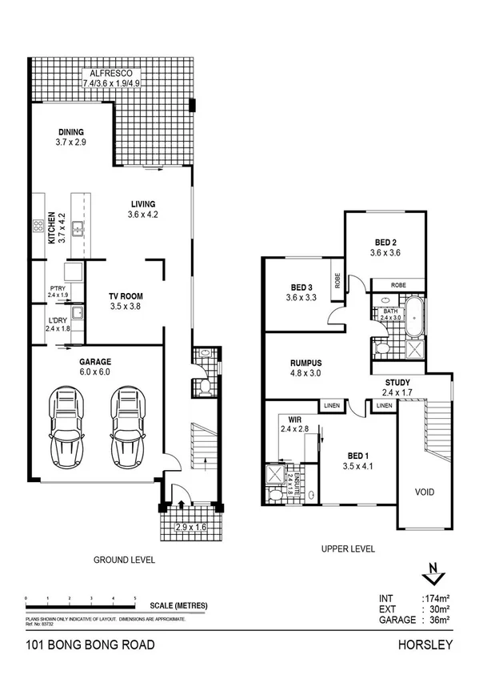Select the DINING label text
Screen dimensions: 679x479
coord(71,133)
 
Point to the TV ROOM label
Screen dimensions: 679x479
coord(126,296)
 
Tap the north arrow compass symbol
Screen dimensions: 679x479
coord(432,573)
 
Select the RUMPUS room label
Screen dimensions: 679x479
coord(305,363)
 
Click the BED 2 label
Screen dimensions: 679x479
coord(385,243)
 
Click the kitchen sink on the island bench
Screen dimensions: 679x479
coord(78,231)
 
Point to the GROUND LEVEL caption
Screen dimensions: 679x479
coord(125,560)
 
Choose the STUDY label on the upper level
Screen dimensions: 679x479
coord(397,382)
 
